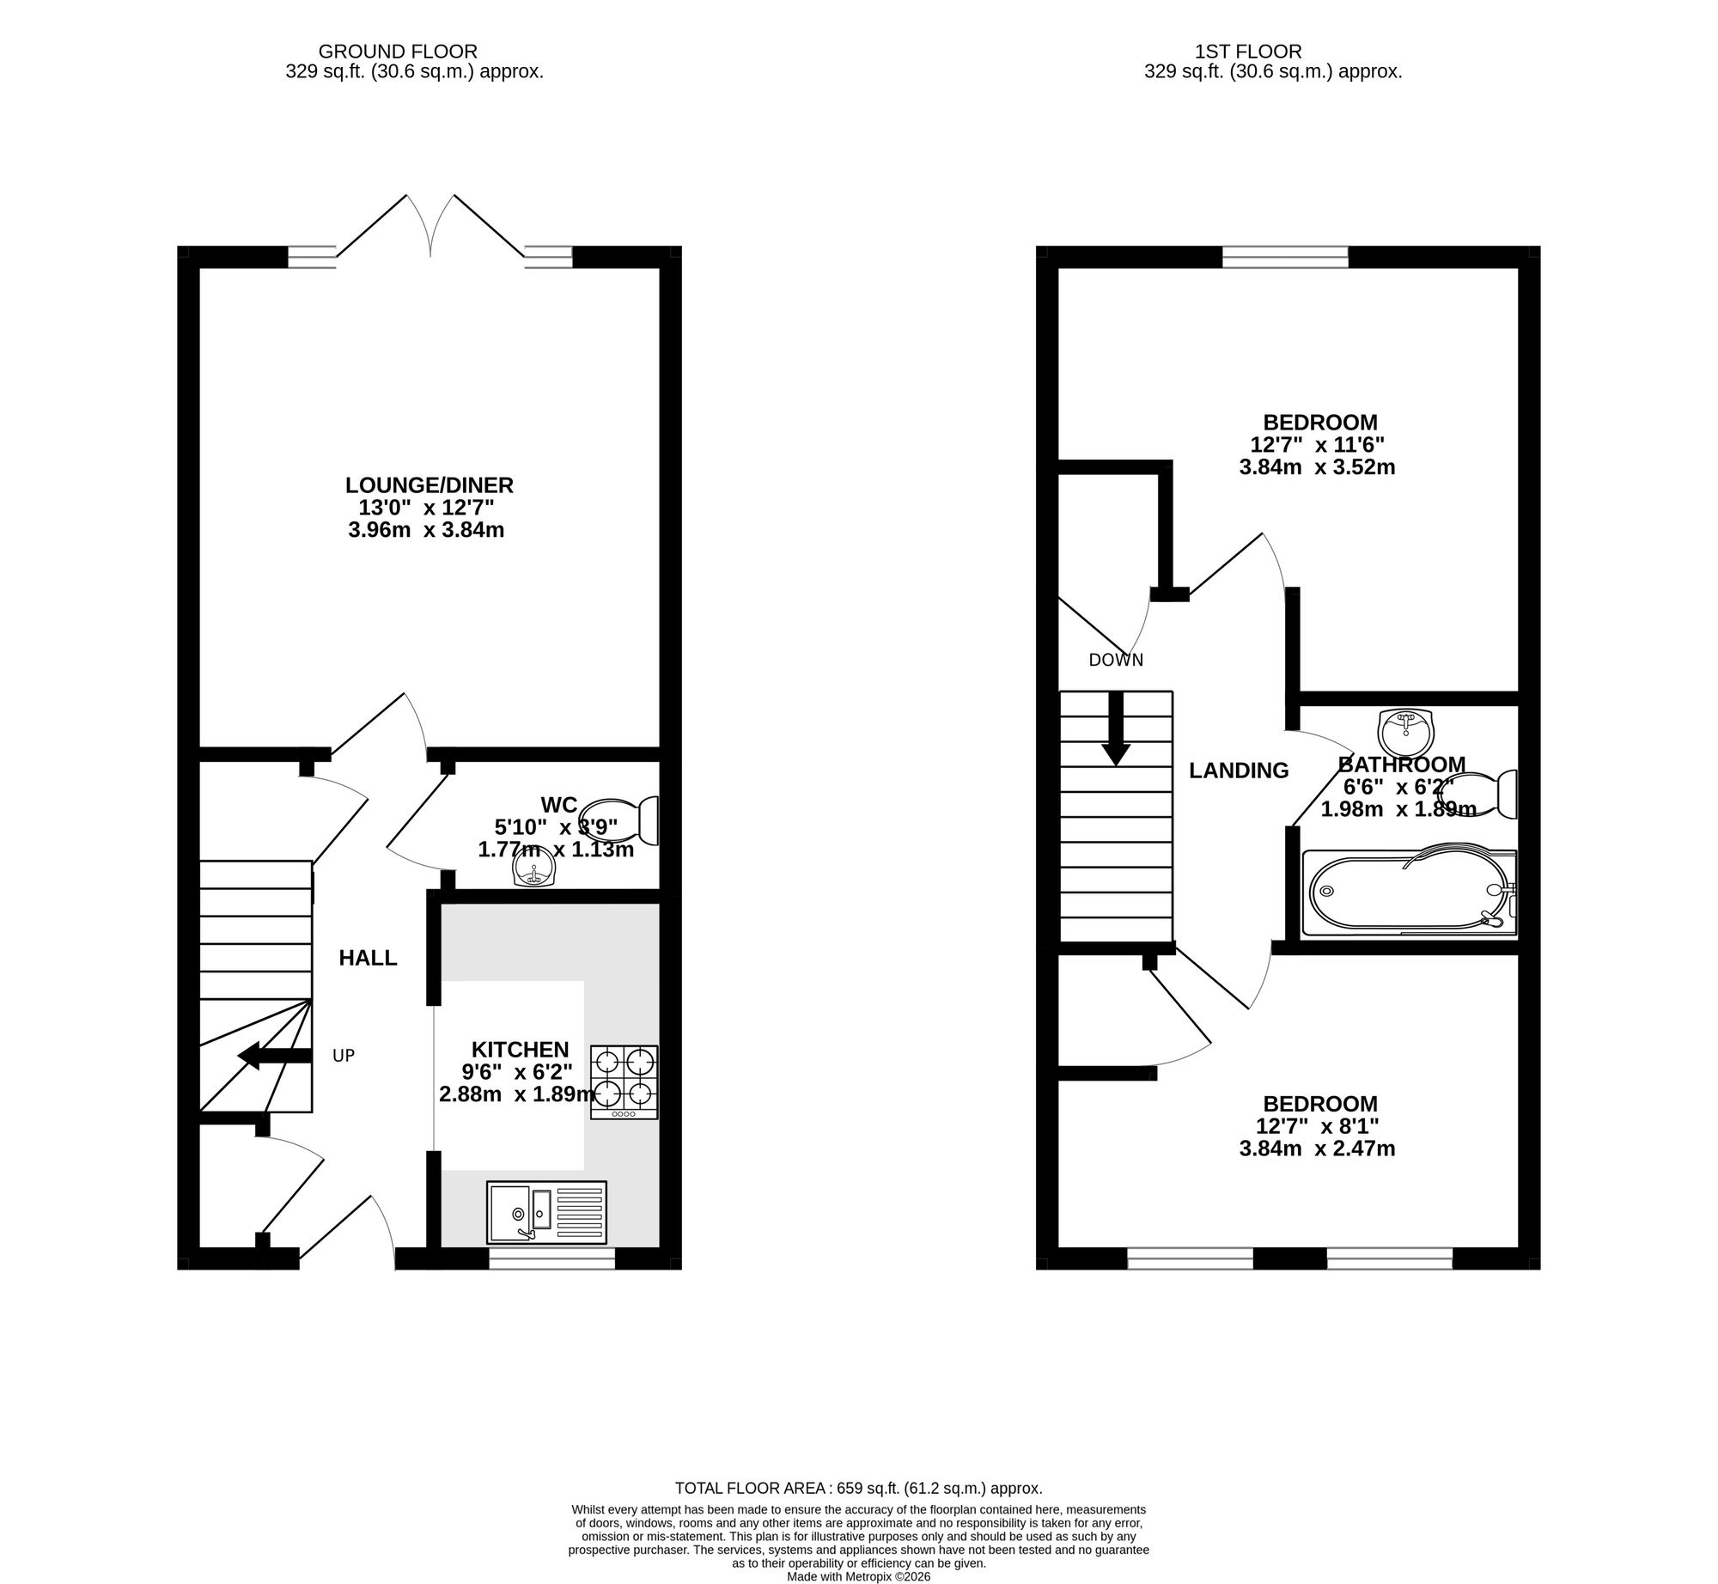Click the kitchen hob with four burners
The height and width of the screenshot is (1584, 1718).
click(x=624, y=1081)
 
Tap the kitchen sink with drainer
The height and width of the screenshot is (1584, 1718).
click(x=546, y=1212)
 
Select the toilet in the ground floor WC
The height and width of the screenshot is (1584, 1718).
click(x=619, y=820)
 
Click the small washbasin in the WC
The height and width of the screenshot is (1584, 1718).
click(x=533, y=873)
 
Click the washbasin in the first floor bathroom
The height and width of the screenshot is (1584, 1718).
click(x=1406, y=730)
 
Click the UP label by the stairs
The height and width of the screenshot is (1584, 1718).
click(x=344, y=1056)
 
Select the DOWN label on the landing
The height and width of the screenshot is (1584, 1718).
click(x=1116, y=660)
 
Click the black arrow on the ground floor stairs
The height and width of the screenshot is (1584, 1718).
click(x=273, y=1056)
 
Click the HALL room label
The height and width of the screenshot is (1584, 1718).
click(x=368, y=958)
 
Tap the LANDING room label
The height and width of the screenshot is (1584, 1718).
click(x=1239, y=771)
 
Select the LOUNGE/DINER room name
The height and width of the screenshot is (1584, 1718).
click(x=429, y=485)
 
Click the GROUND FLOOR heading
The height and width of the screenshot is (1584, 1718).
click(x=398, y=52)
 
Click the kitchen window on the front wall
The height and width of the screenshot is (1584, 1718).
click(x=552, y=1258)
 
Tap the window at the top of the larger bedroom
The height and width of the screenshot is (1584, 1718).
click(x=1285, y=257)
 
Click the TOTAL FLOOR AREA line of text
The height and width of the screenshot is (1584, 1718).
click(x=859, y=1489)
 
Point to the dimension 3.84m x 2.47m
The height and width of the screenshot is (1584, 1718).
click(x=1317, y=1148)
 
